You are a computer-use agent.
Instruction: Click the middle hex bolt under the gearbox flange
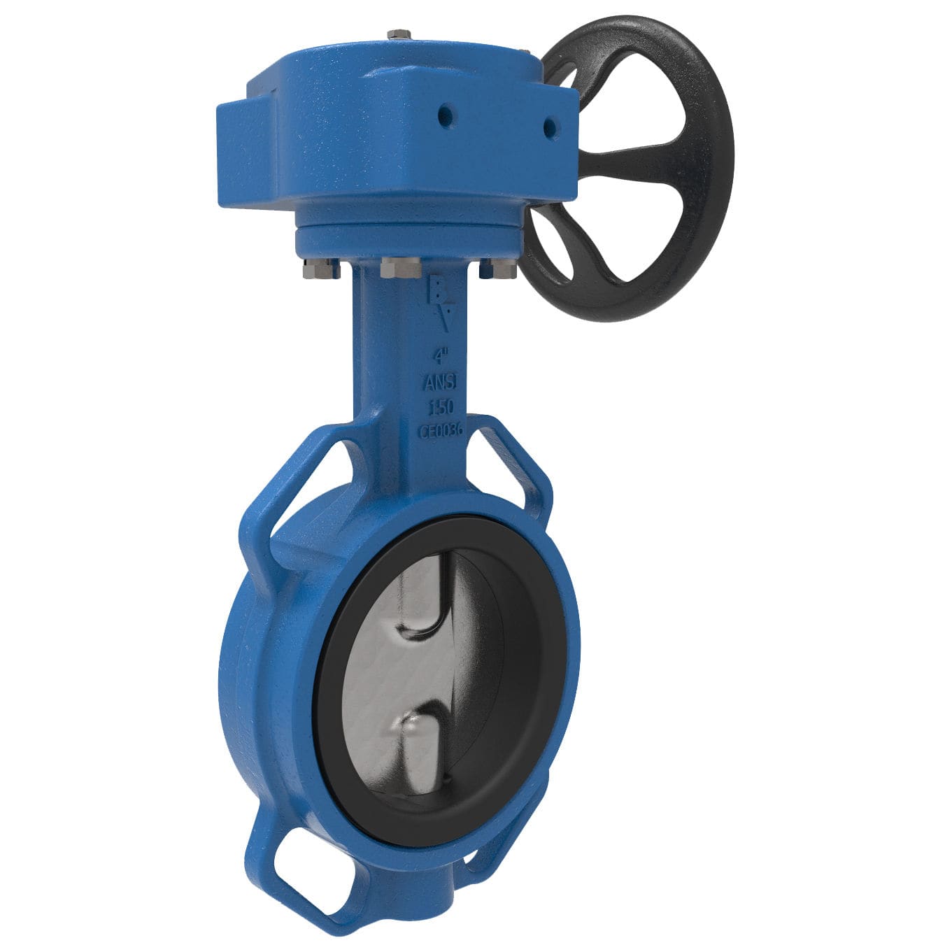[x=401, y=267]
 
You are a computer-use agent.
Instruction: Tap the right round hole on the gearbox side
[x=550, y=127]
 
